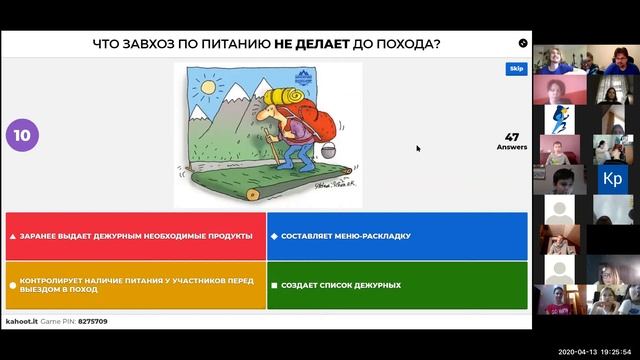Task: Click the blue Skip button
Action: [516, 69]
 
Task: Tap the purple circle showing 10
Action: [21, 136]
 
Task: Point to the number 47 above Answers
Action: [511, 137]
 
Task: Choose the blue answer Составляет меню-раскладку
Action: [397, 236]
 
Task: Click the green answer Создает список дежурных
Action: [397, 285]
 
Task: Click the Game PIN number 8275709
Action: [93, 322]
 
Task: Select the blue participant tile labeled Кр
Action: [611, 179]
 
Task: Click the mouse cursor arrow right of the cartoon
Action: [418, 148]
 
